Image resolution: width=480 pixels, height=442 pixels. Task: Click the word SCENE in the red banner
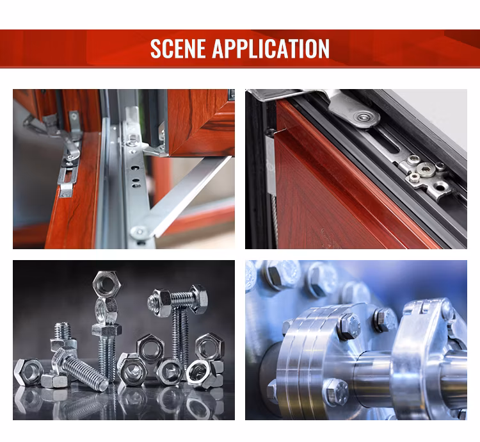(177, 49)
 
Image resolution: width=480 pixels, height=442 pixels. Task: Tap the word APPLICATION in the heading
(271, 49)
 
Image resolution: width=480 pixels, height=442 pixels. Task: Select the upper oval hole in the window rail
(134, 168)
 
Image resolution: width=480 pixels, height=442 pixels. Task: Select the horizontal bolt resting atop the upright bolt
(177, 299)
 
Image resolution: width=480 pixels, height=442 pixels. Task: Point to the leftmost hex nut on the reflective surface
(28, 372)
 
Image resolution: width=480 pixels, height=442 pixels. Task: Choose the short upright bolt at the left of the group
(63, 336)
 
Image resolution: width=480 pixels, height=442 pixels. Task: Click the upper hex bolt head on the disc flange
(349, 327)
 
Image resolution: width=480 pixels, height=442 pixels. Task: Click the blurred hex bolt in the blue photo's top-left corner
(275, 278)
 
